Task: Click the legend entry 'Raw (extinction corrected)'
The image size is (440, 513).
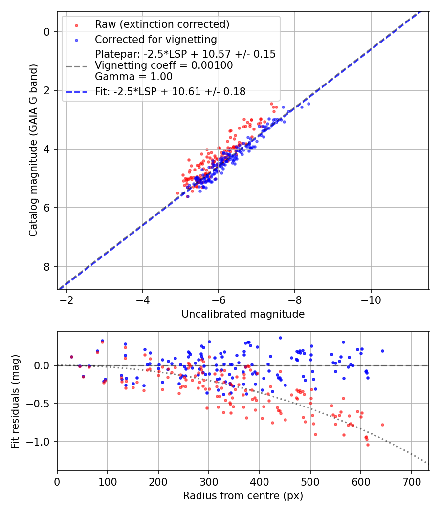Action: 162,24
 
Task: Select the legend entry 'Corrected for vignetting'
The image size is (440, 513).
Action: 155,39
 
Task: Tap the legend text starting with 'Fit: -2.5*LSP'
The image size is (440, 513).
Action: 170,91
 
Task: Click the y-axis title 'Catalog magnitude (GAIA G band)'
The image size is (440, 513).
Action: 33,150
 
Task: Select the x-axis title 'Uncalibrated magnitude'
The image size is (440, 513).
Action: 243,314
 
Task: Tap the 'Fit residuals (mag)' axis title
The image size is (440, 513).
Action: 15,401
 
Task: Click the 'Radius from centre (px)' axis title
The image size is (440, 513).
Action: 243,496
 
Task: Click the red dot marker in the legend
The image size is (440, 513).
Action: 76,24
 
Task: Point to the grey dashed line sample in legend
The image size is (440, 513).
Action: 76,65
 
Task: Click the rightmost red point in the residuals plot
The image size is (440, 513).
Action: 382,425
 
